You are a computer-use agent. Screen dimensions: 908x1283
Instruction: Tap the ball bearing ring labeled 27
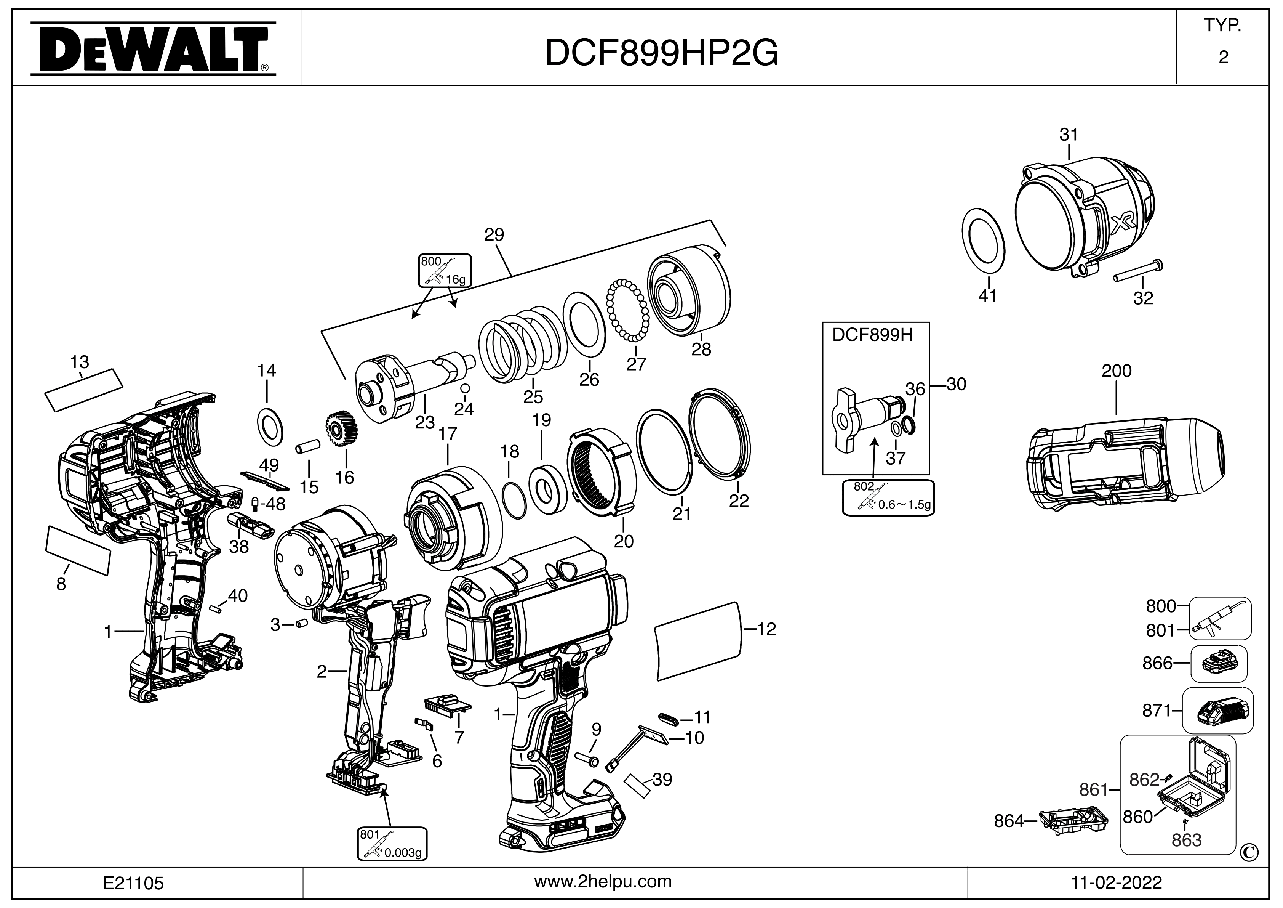[x=628, y=310]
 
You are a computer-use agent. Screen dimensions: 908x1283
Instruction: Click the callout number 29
[x=494, y=235]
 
